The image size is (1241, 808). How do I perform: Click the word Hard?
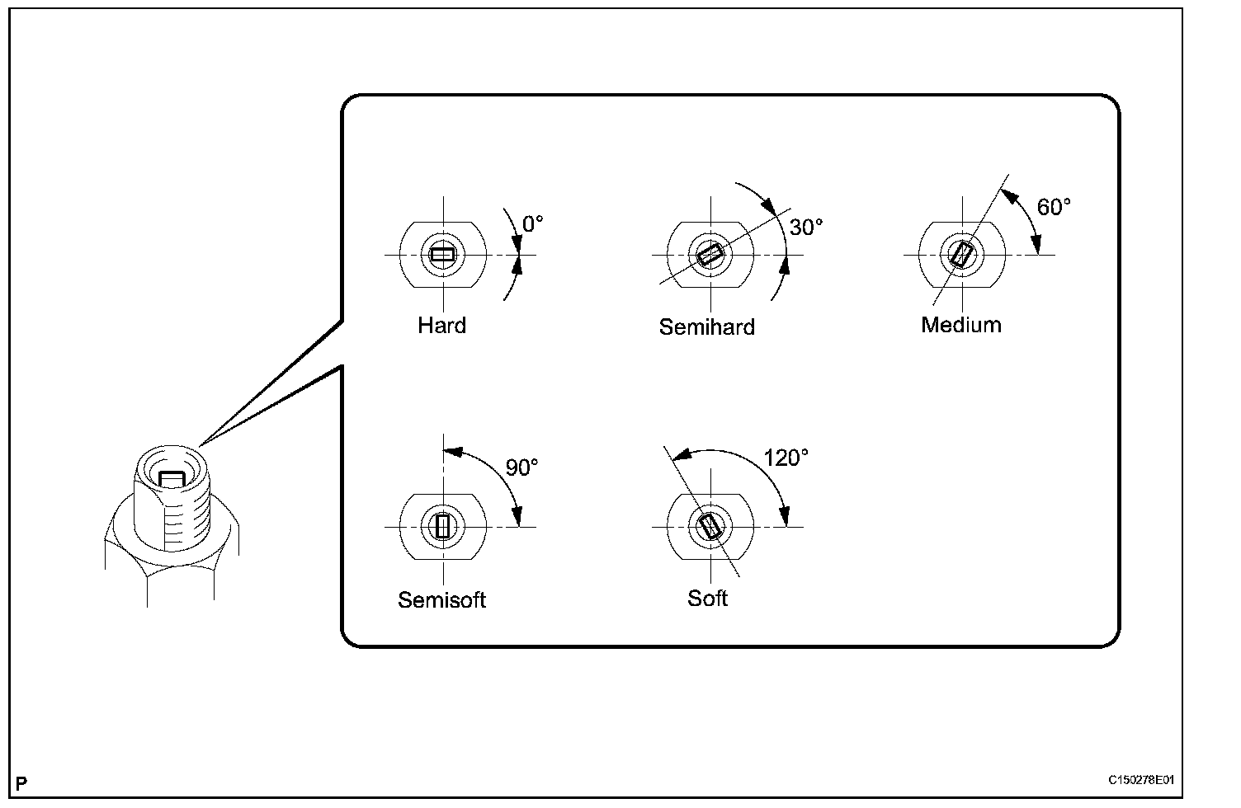point(441,325)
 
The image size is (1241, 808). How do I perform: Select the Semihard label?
point(706,327)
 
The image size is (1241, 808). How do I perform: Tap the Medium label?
point(960,325)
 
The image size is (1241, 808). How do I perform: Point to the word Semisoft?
point(441,599)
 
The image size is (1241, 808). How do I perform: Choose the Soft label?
point(707,598)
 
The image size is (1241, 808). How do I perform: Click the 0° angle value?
point(533,224)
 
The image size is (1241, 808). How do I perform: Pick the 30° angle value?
point(806,228)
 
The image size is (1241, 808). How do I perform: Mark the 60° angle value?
point(1054,207)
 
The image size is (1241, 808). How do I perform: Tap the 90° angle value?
point(521,467)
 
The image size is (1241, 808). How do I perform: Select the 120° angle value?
point(786,458)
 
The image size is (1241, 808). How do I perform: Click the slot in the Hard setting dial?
point(443,255)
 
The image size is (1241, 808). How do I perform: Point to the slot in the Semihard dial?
point(710,255)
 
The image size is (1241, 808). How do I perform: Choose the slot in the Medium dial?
point(961,254)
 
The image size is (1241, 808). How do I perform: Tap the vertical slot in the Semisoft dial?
point(443,526)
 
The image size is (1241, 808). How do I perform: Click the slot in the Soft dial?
point(710,526)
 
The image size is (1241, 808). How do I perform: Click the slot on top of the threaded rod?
point(172,478)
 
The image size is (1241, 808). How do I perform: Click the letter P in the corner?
point(21,782)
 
